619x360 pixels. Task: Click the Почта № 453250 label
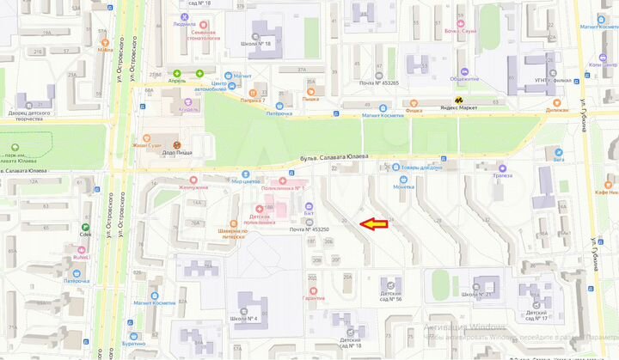point(309,230)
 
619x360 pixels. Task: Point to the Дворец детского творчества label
point(29,116)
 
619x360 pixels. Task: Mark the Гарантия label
point(313,298)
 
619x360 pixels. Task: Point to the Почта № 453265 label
point(378,83)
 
